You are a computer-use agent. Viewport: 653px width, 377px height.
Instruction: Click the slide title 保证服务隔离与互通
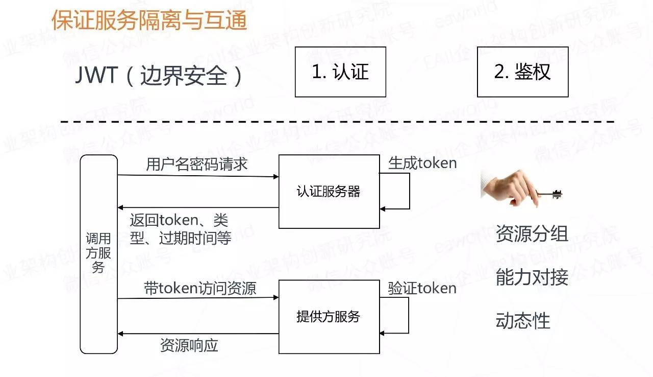click(x=149, y=21)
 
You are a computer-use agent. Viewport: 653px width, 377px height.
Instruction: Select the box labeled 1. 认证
click(x=340, y=72)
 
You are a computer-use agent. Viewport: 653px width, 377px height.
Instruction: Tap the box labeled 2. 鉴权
click(x=522, y=72)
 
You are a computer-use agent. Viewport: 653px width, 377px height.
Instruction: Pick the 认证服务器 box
click(x=329, y=192)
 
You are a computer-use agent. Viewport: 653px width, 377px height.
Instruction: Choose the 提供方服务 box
click(x=329, y=316)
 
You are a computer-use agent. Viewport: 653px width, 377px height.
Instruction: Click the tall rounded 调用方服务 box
click(x=99, y=254)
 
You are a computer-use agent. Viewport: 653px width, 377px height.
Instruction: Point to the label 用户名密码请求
click(x=197, y=164)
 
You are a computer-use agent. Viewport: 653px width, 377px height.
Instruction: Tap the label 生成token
click(x=422, y=163)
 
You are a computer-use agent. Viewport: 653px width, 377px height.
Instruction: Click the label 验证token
click(x=422, y=288)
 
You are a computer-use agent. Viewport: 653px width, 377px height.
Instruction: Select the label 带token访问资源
click(x=200, y=289)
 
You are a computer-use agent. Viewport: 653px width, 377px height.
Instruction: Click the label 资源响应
click(x=189, y=345)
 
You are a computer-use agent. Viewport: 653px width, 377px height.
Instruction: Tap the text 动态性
click(x=522, y=321)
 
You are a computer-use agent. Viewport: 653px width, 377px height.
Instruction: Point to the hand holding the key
click(x=510, y=187)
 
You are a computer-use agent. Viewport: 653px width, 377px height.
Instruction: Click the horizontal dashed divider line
click(x=337, y=122)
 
